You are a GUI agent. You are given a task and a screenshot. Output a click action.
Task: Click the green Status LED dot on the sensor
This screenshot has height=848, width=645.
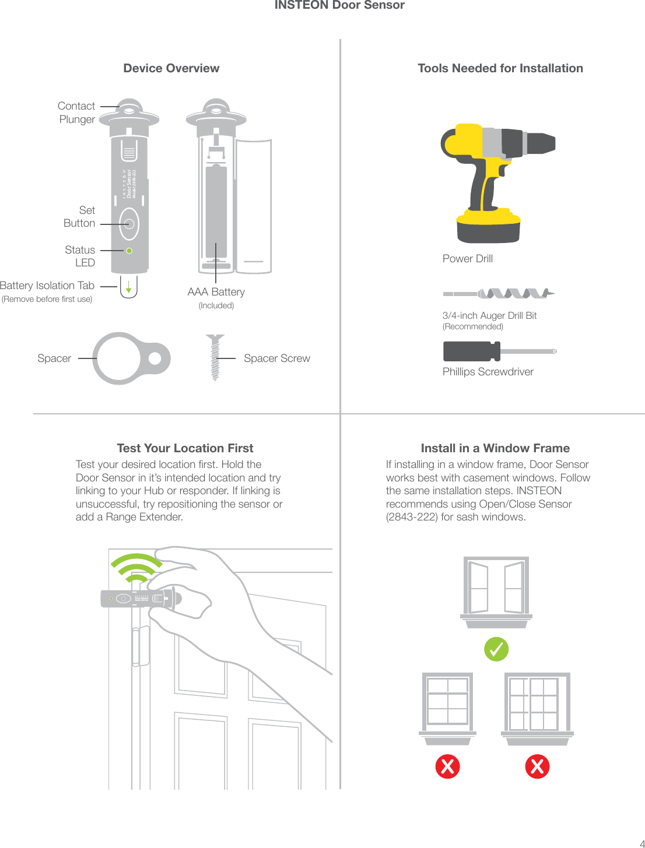click(129, 251)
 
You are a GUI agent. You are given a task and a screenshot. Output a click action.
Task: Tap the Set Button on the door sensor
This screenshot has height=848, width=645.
click(129, 224)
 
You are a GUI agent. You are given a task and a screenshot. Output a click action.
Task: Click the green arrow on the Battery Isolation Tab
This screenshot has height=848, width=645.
click(129, 287)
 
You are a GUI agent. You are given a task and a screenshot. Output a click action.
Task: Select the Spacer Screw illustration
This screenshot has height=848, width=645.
click(215, 357)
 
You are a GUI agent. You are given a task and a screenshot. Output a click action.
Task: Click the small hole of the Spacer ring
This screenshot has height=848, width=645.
click(155, 358)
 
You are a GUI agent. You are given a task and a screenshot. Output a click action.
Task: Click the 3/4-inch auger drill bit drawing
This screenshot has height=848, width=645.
click(499, 293)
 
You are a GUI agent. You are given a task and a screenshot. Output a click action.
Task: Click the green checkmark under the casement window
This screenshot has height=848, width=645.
click(496, 649)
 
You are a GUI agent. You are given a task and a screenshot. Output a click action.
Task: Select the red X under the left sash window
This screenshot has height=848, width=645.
click(447, 766)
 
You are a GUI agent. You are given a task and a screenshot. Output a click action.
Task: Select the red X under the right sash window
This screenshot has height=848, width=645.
click(537, 766)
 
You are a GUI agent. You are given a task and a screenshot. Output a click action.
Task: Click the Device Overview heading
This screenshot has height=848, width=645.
click(171, 68)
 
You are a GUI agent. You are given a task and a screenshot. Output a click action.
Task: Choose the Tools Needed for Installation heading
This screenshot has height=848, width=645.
click(500, 68)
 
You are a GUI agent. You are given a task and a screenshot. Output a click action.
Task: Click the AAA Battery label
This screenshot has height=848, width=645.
click(216, 292)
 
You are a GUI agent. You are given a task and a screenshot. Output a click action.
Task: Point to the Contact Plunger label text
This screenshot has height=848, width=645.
click(76, 112)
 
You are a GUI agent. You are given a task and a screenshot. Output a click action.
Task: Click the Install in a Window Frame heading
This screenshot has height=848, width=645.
click(495, 448)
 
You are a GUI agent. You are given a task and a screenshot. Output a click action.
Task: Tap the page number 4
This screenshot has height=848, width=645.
click(642, 843)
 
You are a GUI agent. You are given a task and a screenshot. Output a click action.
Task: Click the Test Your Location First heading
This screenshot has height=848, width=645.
click(185, 448)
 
